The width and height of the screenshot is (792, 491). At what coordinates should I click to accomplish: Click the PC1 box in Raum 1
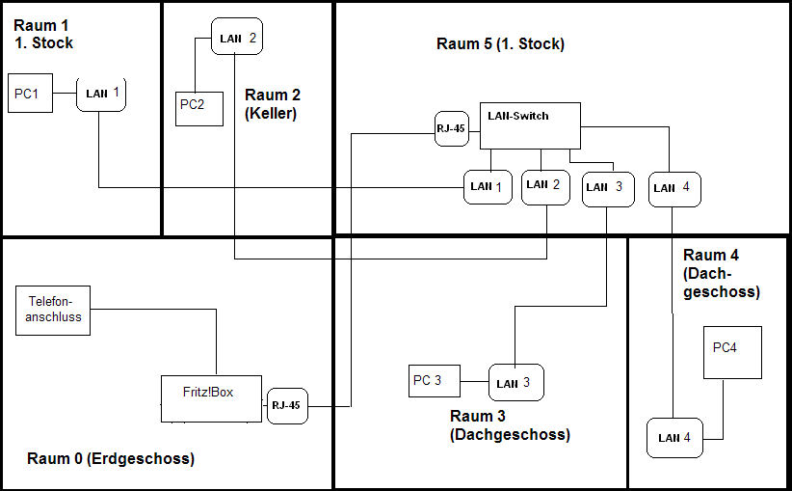[30, 93]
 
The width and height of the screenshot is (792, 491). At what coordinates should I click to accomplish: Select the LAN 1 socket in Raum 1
[101, 94]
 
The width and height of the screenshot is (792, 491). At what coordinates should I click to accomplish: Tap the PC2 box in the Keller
[199, 108]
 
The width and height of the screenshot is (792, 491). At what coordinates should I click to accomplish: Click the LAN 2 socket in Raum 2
[237, 39]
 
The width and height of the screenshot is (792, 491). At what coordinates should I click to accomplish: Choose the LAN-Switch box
[530, 125]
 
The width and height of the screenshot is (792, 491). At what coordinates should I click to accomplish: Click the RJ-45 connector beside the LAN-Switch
[451, 129]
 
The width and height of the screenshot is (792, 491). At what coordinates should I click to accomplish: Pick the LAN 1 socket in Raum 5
[488, 186]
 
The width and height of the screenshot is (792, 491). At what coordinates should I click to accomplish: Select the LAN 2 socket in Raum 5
[545, 186]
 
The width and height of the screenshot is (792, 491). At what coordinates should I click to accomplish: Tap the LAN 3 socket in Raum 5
[607, 188]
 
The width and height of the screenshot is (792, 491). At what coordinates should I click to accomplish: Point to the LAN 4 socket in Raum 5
[674, 189]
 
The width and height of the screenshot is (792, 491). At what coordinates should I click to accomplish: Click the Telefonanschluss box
[53, 311]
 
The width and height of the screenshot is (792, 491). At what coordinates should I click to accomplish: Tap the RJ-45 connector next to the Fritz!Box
[286, 405]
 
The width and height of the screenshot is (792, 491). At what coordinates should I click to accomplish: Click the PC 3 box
[435, 381]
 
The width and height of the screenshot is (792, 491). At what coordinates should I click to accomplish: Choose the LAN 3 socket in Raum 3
[515, 383]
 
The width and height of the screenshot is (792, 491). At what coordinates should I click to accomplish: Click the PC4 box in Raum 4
[731, 352]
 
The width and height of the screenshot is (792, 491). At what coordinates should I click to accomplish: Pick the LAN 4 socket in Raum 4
[675, 438]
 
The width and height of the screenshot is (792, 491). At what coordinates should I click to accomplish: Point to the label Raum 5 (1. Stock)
[500, 44]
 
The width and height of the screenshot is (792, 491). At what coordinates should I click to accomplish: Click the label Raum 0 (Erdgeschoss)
[111, 459]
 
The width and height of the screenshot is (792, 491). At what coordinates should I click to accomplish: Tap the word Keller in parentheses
[271, 113]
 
